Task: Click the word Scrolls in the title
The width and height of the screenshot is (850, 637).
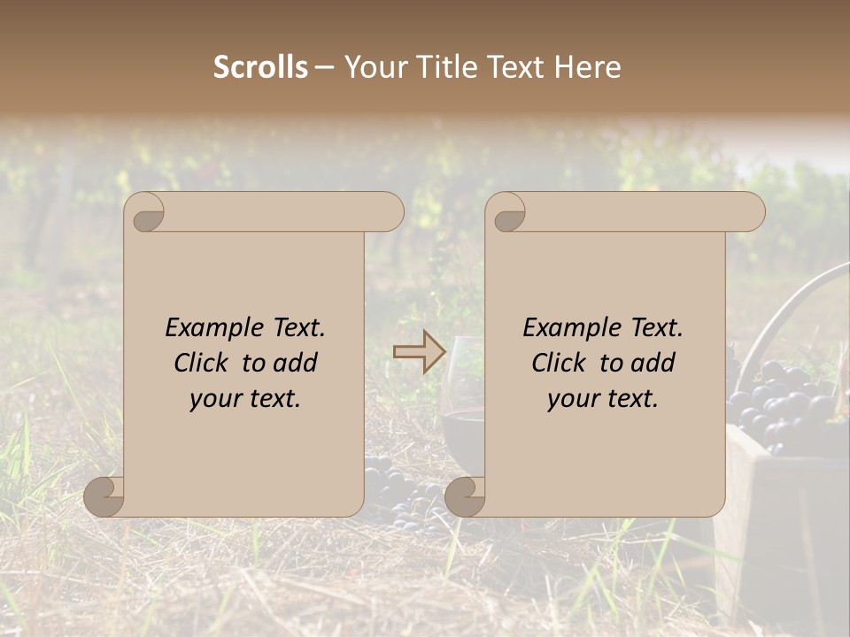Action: click(260, 67)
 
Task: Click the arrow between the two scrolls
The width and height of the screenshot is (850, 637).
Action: click(419, 352)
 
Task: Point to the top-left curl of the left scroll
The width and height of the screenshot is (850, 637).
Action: click(146, 213)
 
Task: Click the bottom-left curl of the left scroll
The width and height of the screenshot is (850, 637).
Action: click(104, 496)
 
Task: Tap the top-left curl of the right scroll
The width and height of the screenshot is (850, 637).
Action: click(508, 213)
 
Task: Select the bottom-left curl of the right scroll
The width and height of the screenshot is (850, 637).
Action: click(465, 496)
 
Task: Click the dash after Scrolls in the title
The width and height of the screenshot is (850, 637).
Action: click(324, 67)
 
